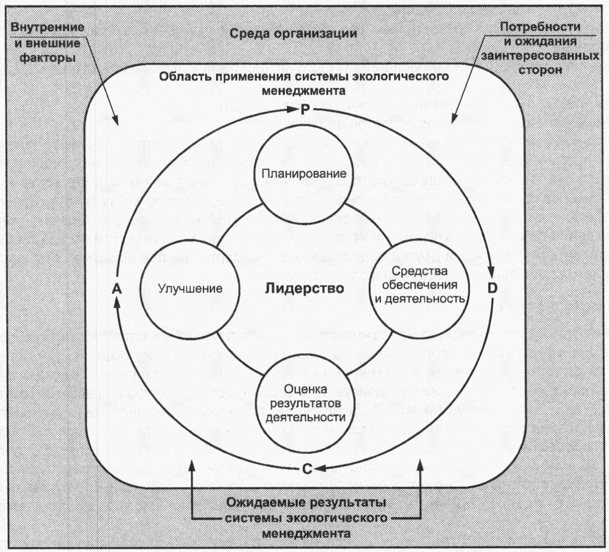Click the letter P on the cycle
point(305,109)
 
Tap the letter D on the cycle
point(492,288)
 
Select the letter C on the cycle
point(307,469)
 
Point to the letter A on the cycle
point(117,289)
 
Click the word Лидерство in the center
point(304,288)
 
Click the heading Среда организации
point(293,33)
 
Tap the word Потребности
point(540,27)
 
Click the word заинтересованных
point(540,56)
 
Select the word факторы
point(48,58)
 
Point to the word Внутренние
point(47,27)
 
